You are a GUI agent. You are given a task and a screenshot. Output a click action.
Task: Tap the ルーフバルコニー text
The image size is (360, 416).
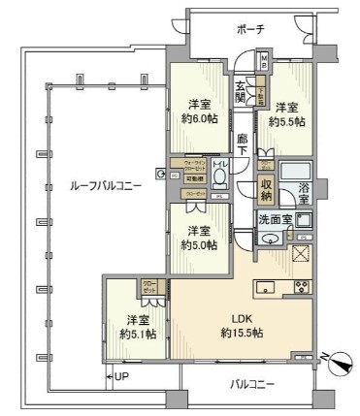click(94, 185)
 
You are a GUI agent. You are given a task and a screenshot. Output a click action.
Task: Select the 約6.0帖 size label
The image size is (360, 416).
click(201, 119)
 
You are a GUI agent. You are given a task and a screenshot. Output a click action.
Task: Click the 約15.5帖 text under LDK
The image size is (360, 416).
click(241, 333)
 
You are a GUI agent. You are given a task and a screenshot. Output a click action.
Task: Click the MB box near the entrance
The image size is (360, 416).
click(265, 62)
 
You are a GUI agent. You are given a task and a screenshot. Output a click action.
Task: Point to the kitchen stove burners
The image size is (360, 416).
click(300, 287)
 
